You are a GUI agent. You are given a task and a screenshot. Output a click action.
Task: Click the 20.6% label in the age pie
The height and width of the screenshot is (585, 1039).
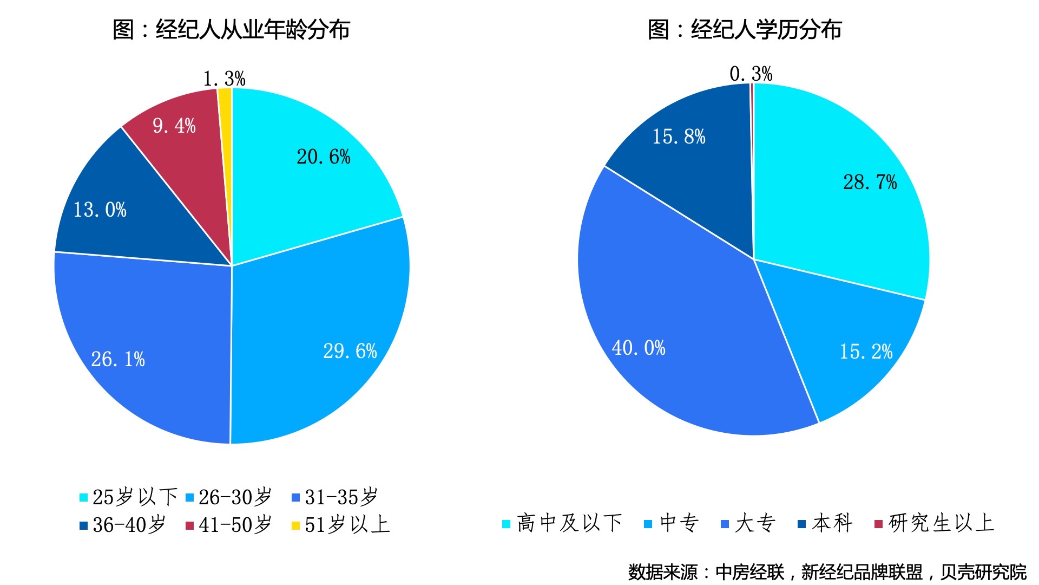(323, 157)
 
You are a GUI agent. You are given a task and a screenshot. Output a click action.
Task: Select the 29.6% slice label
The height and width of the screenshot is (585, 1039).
(350, 351)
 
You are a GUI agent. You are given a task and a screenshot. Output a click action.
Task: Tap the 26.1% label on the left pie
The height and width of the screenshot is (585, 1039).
(118, 359)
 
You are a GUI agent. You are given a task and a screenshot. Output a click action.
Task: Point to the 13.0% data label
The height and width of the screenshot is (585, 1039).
(100, 210)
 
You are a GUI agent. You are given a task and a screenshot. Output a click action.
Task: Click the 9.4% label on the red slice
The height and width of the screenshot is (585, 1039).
(174, 126)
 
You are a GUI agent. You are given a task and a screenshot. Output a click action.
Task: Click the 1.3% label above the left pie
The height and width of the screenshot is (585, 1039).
(224, 79)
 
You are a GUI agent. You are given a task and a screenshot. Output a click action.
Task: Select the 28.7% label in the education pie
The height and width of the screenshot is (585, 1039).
(870, 182)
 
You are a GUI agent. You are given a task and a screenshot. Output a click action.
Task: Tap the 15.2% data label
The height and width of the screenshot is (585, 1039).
(865, 352)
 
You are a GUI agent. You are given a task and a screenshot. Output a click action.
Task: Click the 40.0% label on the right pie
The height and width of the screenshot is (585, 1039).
(638, 348)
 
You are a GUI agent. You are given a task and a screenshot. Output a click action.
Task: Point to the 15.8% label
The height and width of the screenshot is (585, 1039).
(679, 136)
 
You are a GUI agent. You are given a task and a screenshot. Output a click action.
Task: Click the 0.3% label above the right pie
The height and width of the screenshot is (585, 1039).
(751, 74)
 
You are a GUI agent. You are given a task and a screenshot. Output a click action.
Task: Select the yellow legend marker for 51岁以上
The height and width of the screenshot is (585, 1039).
(295, 525)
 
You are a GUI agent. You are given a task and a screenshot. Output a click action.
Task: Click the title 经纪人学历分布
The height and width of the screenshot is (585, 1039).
(745, 29)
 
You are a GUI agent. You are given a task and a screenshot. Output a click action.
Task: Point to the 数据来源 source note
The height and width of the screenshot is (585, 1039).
(827, 572)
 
